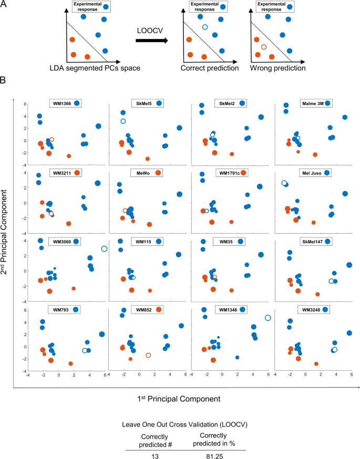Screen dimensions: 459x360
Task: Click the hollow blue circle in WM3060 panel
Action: click(x=104, y=248)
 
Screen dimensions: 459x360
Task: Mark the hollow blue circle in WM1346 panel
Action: click(x=268, y=318)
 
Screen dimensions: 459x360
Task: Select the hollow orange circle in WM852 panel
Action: click(x=148, y=355)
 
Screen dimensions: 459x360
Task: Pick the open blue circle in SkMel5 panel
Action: click(x=123, y=121)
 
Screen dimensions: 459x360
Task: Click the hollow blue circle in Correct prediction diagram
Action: click(x=205, y=27)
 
